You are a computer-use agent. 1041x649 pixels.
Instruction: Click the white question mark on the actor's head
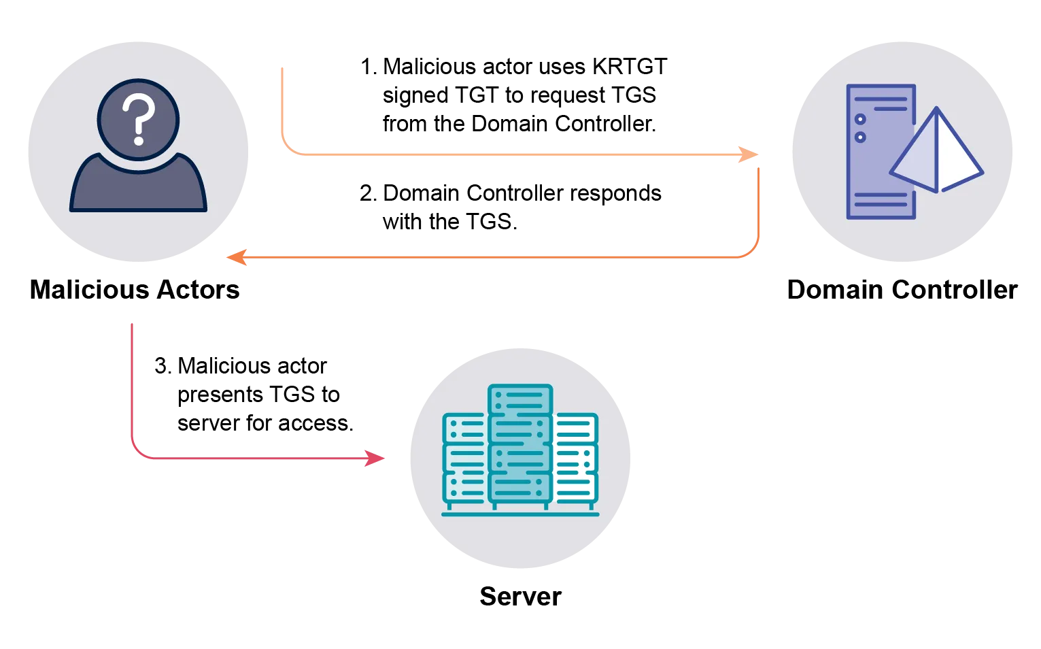pos(138,119)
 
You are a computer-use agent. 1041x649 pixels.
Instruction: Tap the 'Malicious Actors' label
pos(135,290)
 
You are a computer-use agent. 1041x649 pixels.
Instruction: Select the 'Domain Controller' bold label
pos(902,290)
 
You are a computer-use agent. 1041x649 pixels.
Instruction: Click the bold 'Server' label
pos(521,597)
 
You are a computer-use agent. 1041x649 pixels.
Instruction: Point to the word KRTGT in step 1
pos(630,67)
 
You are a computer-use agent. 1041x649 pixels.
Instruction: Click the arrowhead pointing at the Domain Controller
pos(749,154)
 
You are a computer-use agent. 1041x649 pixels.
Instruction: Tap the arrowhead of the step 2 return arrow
pos(237,257)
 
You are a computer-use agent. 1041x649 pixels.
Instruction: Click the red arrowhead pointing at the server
pos(375,459)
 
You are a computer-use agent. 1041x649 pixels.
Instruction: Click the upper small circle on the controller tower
pos(860,120)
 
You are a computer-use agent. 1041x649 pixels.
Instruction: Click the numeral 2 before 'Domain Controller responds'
pos(366,193)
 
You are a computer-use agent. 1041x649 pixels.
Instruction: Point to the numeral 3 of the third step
pos(161,366)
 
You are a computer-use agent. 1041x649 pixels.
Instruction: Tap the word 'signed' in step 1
pos(415,96)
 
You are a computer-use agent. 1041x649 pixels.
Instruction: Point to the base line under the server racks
pos(520,514)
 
